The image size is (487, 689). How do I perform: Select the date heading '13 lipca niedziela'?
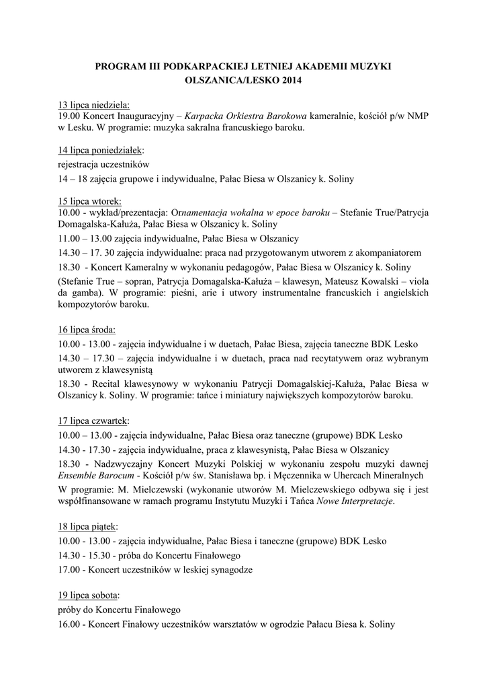click(93, 105)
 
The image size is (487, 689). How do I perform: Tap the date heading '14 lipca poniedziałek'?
click(101, 149)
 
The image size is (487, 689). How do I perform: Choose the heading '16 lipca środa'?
click(87, 330)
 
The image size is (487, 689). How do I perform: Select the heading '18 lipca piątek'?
click(89, 526)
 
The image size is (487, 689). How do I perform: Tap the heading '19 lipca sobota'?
click(89, 595)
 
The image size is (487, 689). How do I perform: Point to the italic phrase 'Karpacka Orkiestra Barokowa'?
click(246, 116)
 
